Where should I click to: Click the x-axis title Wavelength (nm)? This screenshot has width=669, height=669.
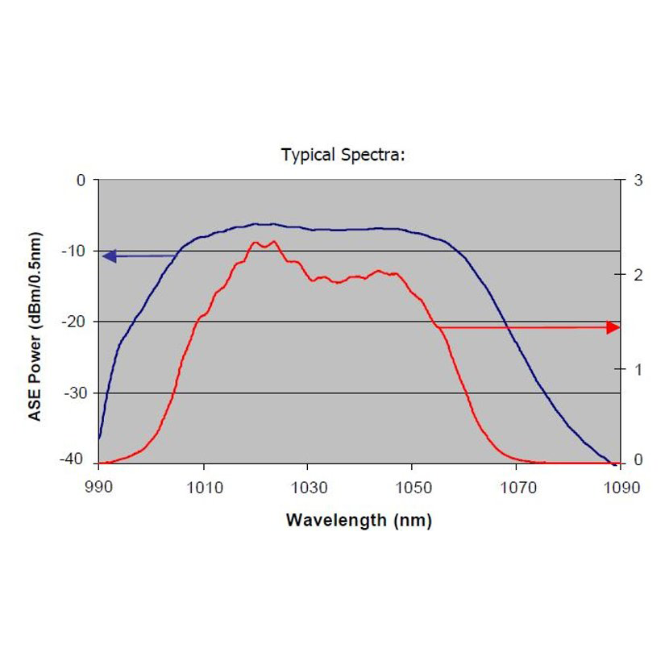(359, 521)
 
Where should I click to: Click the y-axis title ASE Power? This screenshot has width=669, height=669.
(35, 326)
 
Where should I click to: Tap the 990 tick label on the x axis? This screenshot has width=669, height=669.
(98, 488)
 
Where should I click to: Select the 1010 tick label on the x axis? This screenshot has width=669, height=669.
(203, 488)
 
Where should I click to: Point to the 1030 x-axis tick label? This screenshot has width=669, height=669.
(307, 488)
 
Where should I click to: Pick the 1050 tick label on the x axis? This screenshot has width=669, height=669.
(412, 488)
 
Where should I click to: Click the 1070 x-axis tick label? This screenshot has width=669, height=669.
(517, 488)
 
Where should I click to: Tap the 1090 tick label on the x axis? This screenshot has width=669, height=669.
(621, 488)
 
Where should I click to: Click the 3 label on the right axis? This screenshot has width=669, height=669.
(638, 180)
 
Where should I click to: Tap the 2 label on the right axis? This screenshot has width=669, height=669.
(638, 275)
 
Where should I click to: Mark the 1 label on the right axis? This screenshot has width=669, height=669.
(638, 369)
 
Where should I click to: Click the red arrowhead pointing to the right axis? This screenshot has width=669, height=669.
(613, 327)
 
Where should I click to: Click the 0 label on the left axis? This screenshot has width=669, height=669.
(81, 180)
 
